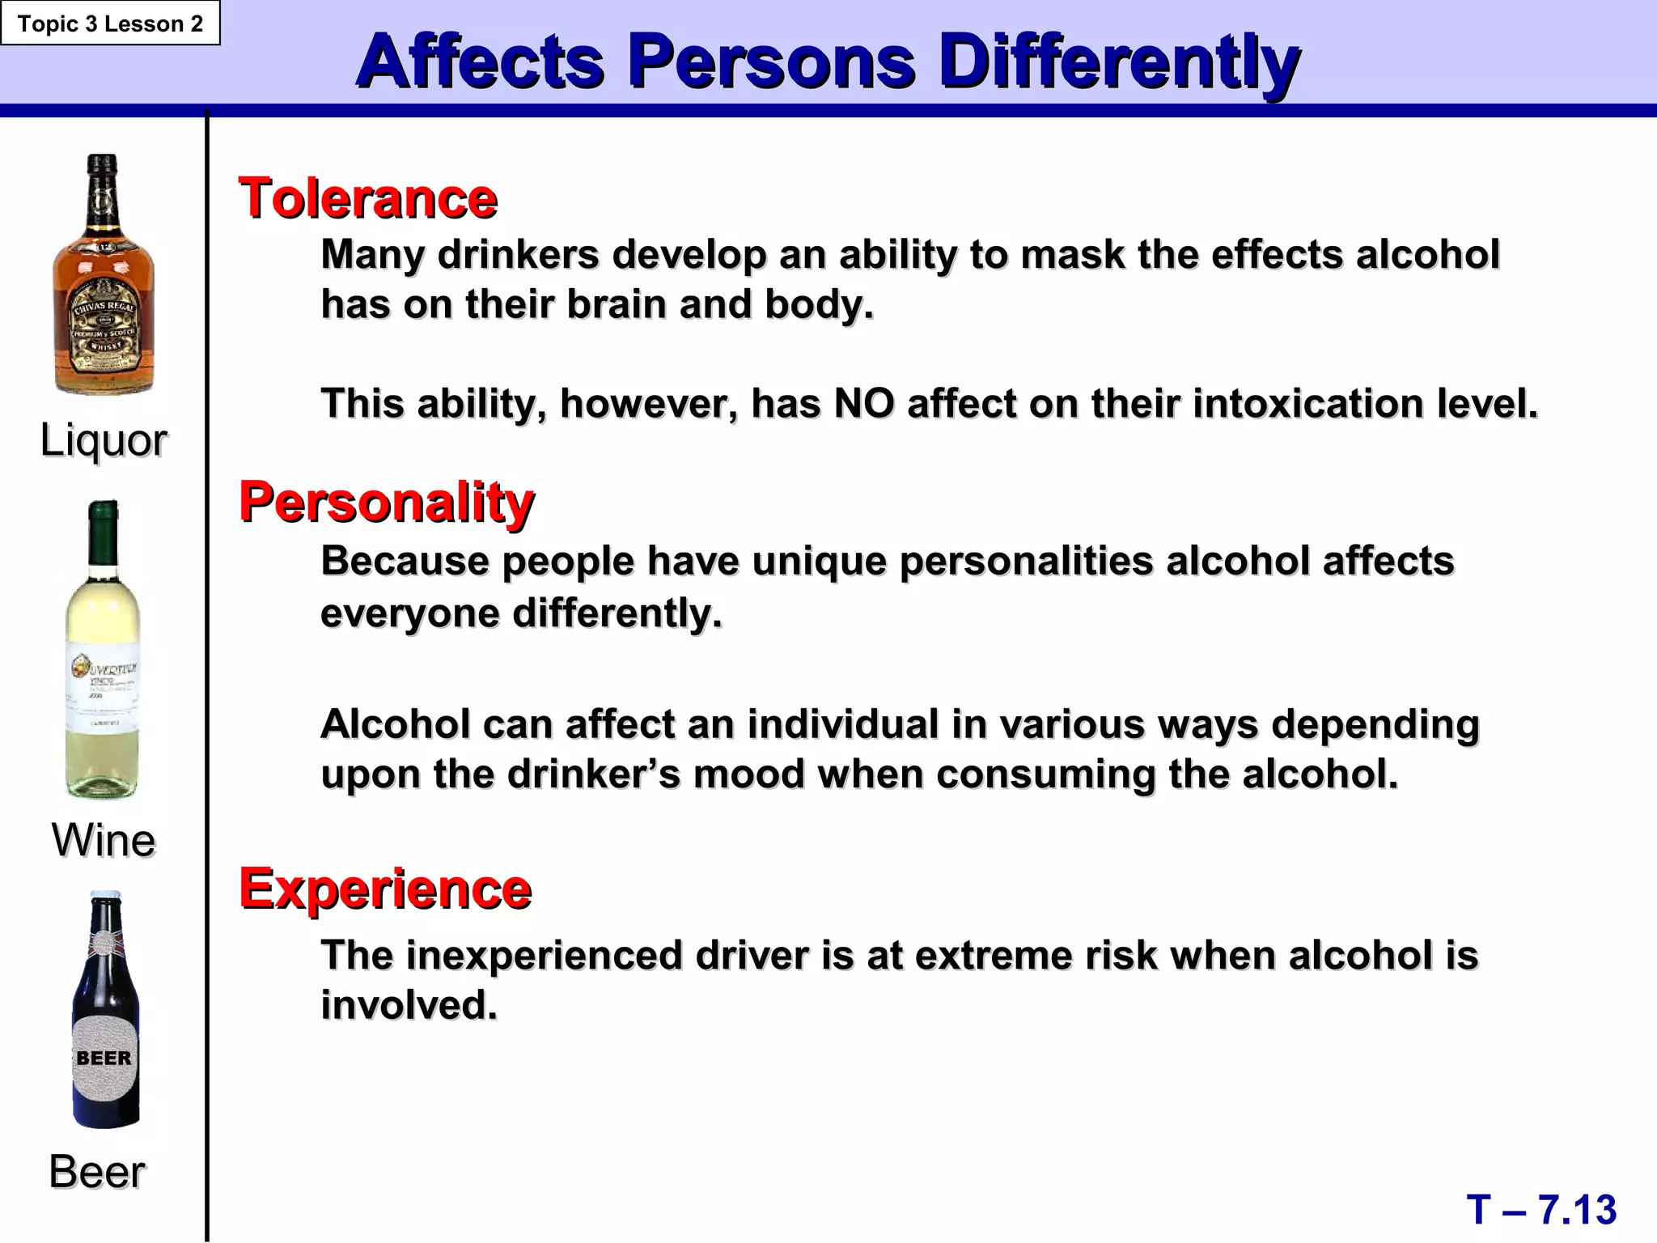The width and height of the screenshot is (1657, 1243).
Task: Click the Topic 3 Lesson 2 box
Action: click(x=110, y=23)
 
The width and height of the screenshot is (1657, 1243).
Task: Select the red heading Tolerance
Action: click(x=368, y=198)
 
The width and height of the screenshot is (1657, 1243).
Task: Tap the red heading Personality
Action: click(x=387, y=503)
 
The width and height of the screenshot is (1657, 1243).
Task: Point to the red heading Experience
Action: click(x=385, y=889)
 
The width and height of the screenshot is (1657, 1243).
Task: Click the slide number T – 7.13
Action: click(x=1541, y=1210)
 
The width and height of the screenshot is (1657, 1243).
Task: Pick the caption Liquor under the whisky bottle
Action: click(x=104, y=440)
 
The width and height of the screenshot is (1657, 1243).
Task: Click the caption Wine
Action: click(x=104, y=839)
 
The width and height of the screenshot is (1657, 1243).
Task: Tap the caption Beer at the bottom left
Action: click(x=97, y=1171)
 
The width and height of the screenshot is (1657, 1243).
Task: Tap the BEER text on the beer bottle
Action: click(x=104, y=1058)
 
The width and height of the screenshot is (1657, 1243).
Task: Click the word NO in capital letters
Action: click(x=863, y=403)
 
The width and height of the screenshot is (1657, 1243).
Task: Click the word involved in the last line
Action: click(x=409, y=1005)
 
